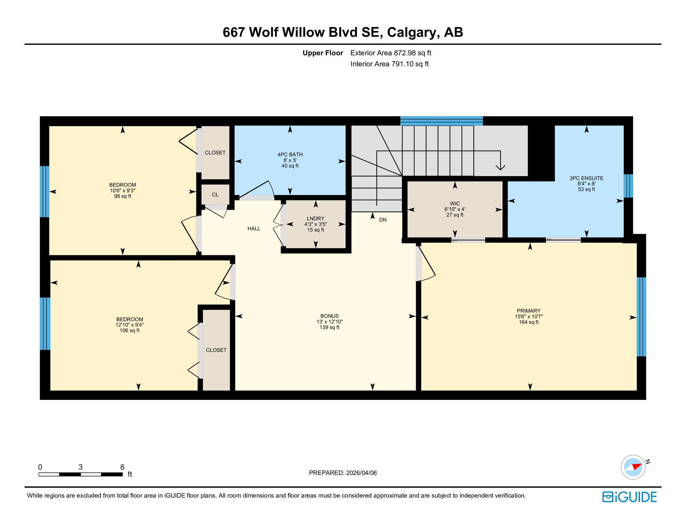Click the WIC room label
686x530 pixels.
(x=455, y=204)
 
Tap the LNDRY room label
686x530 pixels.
(x=315, y=219)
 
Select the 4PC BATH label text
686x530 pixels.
(x=290, y=155)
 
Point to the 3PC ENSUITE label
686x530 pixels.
(x=586, y=178)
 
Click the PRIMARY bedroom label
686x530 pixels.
(x=528, y=311)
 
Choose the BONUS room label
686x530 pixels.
(x=329, y=316)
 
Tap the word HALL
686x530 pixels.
(x=254, y=229)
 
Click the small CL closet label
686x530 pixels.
(x=215, y=195)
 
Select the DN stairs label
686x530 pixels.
(x=383, y=220)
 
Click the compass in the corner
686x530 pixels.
(x=633, y=467)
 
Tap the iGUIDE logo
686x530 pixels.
(x=629, y=497)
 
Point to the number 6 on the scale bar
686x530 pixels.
(x=122, y=467)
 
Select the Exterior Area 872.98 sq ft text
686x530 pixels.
(x=391, y=53)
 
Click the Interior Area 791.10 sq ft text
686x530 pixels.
(x=389, y=64)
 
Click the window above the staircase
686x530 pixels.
(x=441, y=121)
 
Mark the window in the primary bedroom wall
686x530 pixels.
(x=641, y=317)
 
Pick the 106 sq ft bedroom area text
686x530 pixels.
(x=129, y=331)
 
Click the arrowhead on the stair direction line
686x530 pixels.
(x=500, y=168)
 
